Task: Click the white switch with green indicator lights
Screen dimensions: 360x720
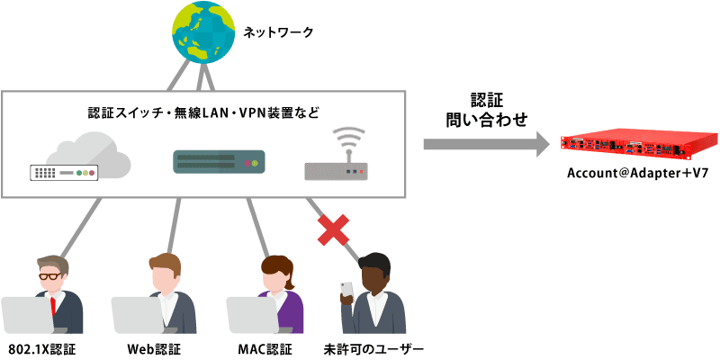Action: pyautogui.click(x=64, y=171)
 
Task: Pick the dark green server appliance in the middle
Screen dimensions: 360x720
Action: pyautogui.click(x=217, y=163)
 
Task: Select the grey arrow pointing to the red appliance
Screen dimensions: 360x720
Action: pyautogui.click(x=486, y=141)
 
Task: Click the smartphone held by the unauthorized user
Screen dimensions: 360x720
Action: pyautogui.click(x=346, y=289)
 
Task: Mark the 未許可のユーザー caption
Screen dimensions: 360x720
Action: pyautogui.click(x=373, y=347)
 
